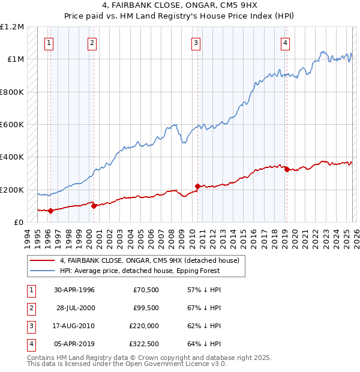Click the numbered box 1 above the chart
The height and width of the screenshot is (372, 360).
48,43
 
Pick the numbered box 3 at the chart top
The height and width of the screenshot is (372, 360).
196,43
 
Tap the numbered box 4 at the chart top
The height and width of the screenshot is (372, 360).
285,43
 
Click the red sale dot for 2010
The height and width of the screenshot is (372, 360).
197,186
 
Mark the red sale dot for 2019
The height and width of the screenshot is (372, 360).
286,170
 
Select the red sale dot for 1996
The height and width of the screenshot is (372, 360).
50,211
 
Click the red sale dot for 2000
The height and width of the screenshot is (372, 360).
94,206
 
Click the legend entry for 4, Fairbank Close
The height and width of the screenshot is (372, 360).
149,260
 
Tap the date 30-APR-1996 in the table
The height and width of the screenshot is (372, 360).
74,290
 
